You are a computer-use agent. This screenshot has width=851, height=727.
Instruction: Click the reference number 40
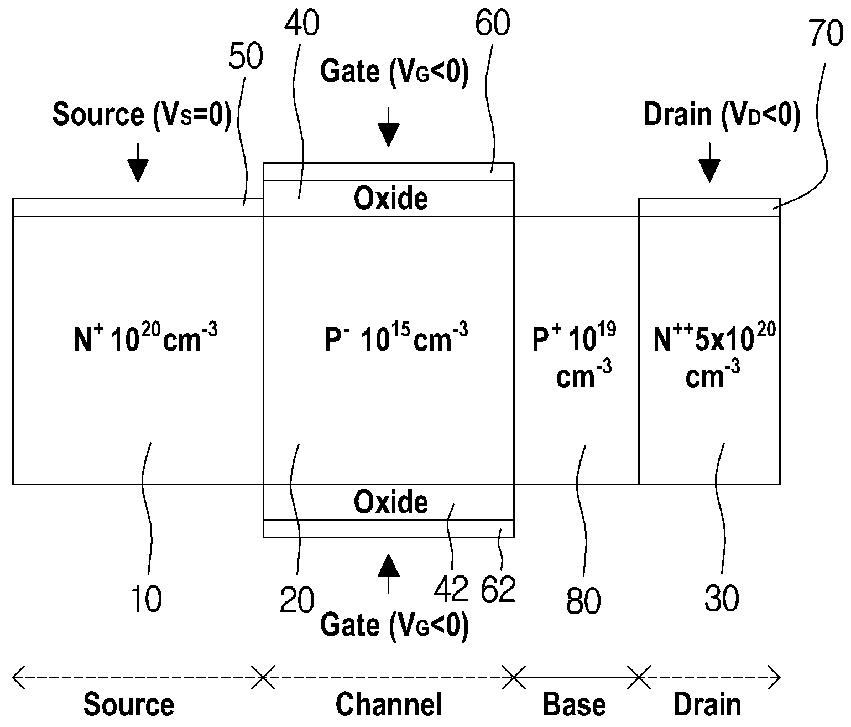(x=302, y=23)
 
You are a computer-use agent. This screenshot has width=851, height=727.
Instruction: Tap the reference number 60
(x=492, y=23)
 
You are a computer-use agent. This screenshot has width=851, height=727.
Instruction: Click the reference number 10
(x=146, y=599)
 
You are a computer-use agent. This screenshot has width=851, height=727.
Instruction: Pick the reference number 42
(x=451, y=589)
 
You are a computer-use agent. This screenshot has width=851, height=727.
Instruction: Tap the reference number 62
(x=498, y=589)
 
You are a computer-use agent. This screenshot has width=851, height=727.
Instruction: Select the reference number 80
(x=583, y=601)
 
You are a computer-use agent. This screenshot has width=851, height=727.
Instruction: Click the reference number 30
(x=722, y=599)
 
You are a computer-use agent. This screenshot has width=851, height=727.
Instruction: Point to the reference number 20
(x=297, y=600)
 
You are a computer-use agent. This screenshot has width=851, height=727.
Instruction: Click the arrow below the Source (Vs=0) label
(x=138, y=162)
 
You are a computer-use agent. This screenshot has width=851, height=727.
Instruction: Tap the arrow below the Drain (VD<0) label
(x=709, y=162)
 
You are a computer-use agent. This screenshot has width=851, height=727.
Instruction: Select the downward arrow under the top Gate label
(x=388, y=127)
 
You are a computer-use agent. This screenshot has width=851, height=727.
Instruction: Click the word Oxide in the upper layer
(x=391, y=199)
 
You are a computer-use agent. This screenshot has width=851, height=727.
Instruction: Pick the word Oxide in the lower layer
(x=391, y=502)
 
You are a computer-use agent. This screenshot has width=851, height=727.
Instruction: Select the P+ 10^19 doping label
(x=574, y=355)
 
